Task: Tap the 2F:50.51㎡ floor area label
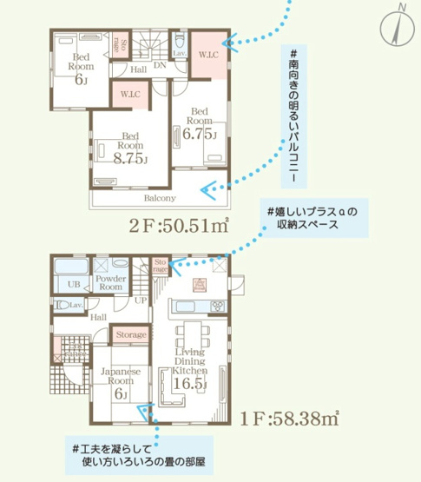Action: tap(179, 227)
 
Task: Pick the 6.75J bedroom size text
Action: tap(200, 135)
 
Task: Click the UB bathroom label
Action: tap(75, 283)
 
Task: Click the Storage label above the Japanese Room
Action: tap(131, 333)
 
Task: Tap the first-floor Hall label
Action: tap(73, 318)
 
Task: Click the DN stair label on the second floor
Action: tap(160, 64)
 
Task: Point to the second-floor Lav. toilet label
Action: tap(180, 53)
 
